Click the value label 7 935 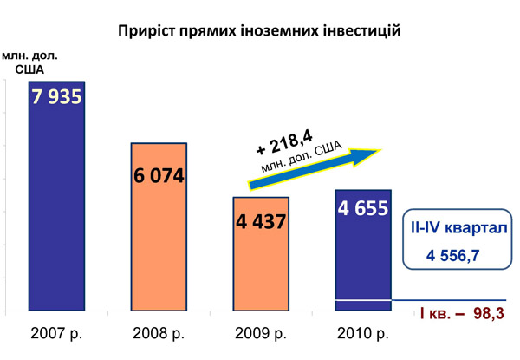coord(57,96)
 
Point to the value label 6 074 coord(159,176)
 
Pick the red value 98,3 coord(489,312)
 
